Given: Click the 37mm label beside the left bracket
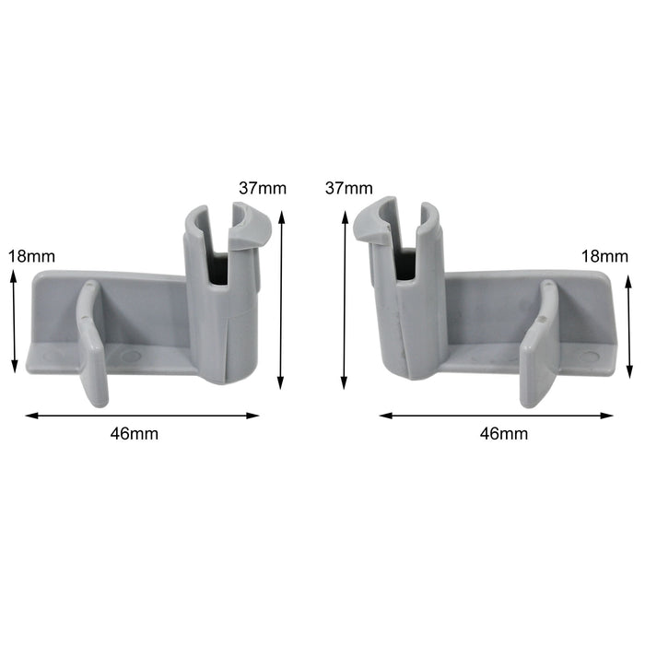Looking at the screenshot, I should [263, 188].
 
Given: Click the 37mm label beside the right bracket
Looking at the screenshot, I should [348, 188].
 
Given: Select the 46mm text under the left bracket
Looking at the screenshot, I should [142, 433].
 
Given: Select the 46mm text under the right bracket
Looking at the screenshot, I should [504, 433].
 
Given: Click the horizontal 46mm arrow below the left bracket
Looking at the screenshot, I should [142, 416].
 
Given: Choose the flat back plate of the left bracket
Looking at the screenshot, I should [138, 309].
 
